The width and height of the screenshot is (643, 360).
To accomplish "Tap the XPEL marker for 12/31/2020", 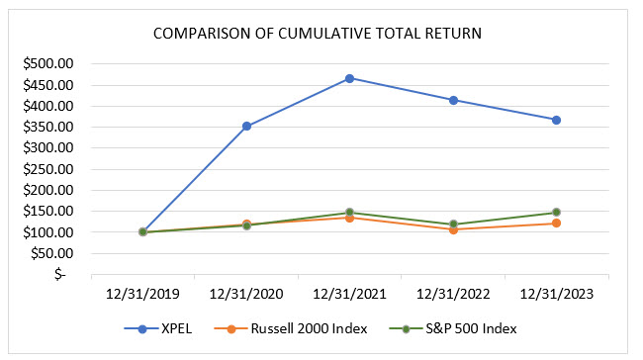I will coord(246,126).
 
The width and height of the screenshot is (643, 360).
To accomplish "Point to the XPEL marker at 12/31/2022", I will coord(453,100).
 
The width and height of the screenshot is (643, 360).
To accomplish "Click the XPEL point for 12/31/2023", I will coord(556,120).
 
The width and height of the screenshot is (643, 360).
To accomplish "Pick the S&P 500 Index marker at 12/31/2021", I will coord(349,213).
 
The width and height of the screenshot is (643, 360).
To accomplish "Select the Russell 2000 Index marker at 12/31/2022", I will coord(453,229).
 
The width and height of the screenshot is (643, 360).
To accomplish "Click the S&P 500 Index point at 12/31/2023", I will coord(556,212).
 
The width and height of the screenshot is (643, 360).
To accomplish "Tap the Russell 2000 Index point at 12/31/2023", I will coord(556,224).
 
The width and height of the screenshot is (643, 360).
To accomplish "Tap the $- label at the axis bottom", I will coord(59,275).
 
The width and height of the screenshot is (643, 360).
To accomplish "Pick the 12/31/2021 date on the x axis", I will coord(349,293).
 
